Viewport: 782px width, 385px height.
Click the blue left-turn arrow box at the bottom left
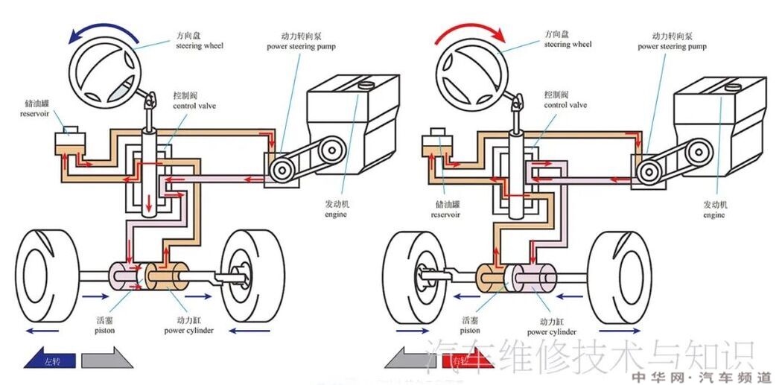pyautogui.click(x=49, y=361)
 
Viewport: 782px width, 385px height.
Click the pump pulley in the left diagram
pyautogui.click(x=282, y=171)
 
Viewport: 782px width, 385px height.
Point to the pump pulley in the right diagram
pyautogui.click(x=648, y=171)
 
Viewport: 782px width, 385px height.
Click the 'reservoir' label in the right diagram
pyautogui.click(x=445, y=209)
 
